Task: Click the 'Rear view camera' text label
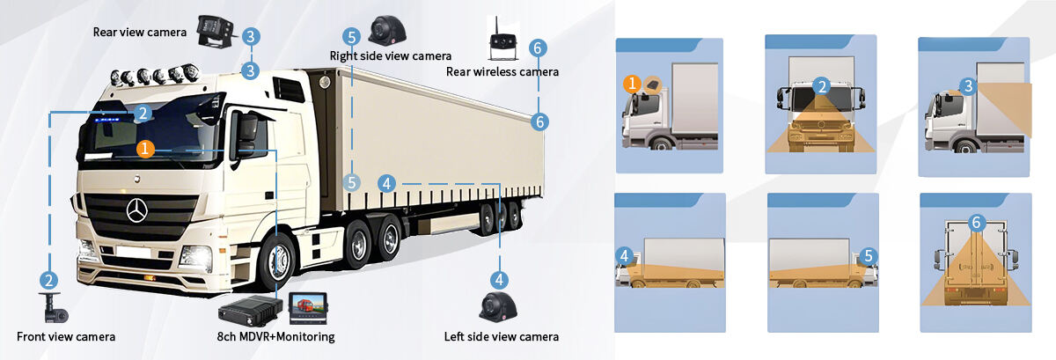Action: [139, 33]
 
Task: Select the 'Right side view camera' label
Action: [391, 55]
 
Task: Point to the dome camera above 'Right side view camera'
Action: [387, 30]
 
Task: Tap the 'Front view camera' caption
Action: [66, 336]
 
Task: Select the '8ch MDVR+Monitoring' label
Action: [275, 336]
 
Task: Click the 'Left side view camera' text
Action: [502, 336]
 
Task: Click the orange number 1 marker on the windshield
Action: [146, 149]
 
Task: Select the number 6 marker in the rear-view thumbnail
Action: [975, 224]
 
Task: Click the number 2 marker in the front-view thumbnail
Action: [821, 86]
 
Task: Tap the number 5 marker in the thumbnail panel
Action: [869, 256]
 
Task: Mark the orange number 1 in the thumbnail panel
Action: [631, 84]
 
